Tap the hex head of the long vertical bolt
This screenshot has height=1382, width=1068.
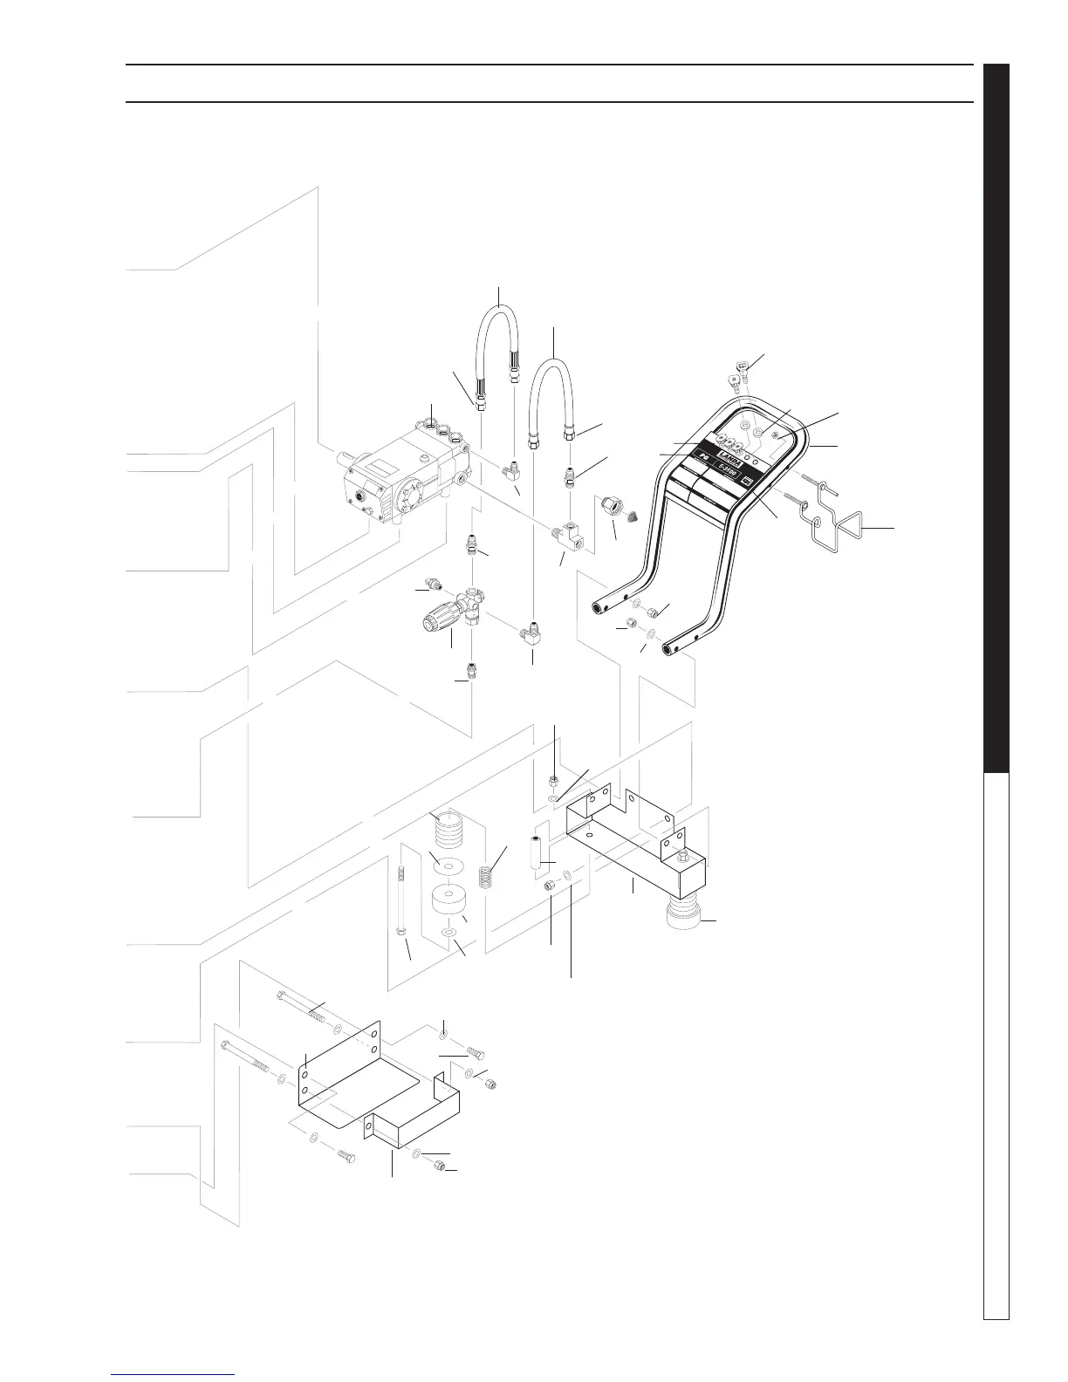400,932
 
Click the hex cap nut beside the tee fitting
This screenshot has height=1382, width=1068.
610,506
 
